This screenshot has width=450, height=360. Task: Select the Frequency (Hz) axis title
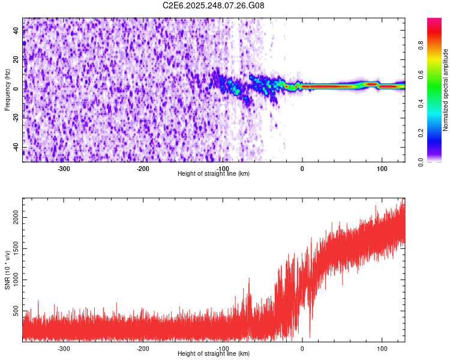[x=7, y=90]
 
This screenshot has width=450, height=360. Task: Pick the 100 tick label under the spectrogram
[x=382, y=168]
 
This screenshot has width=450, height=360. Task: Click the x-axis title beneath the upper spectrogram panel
[x=214, y=173]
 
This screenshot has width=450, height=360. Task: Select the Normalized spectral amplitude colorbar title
[x=446, y=90]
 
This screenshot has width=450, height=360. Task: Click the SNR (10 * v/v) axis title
[x=7, y=270]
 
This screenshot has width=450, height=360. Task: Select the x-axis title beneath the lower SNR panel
[x=214, y=353]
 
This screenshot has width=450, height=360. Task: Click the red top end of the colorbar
[x=434, y=22]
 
